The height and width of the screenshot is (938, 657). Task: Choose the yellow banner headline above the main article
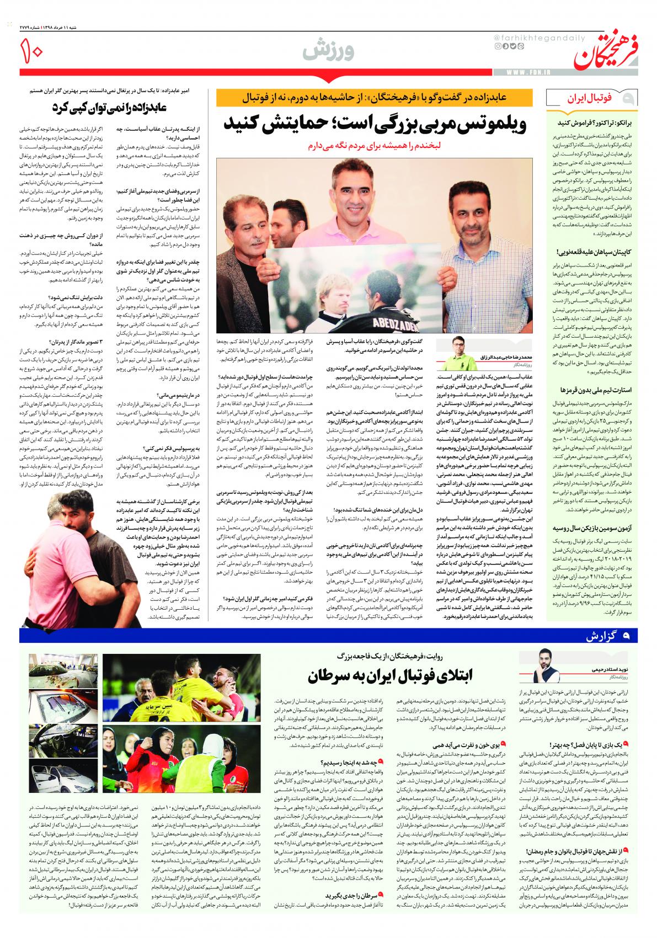pos(375,99)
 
